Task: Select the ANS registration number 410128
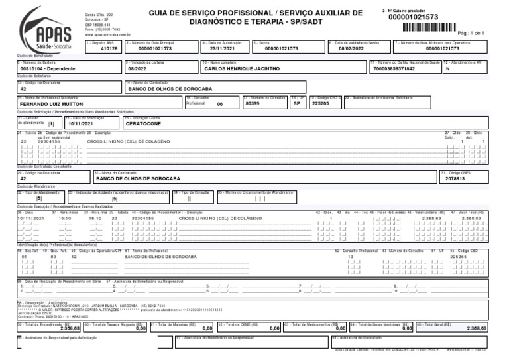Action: tap(109, 49)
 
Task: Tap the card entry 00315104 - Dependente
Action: tap(48, 68)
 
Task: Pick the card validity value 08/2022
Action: tap(137, 68)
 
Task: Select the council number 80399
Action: tap(252, 103)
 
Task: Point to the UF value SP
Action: tap(296, 103)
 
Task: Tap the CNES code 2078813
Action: tap(455, 179)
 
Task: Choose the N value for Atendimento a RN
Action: tap(448, 68)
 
